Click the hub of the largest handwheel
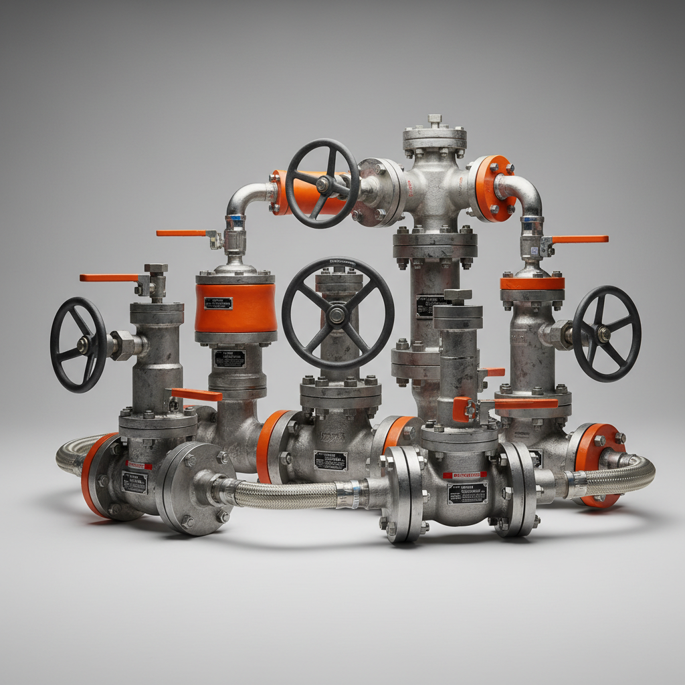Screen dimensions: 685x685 337,314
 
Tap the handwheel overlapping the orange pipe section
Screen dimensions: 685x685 322,183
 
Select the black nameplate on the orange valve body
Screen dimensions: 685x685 218,303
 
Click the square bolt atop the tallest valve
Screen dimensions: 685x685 435,119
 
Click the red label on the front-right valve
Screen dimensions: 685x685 465,475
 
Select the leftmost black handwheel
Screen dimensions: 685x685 78,345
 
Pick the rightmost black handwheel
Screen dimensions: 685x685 606,334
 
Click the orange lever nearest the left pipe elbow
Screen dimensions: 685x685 182,233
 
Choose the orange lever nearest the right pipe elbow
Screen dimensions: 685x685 579,239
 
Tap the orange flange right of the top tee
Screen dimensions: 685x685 494,188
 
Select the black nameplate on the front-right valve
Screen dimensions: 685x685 467,492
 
